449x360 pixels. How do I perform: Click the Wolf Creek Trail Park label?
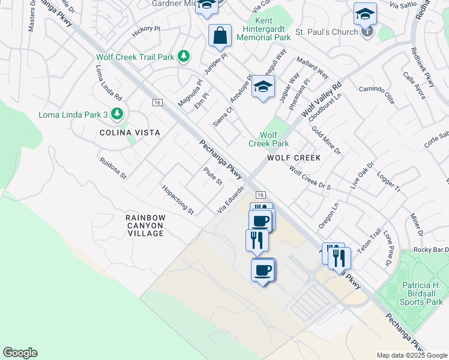click(135, 57)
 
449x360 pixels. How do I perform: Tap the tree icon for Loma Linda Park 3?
click(119, 113)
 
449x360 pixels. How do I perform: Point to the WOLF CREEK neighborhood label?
click(294, 157)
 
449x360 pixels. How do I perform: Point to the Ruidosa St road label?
click(113, 169)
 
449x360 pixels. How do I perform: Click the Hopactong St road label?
click(178, 200)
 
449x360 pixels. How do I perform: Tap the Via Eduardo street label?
click(230, 199)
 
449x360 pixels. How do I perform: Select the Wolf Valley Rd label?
click(321, 99)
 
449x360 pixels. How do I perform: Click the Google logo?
click(20, 353)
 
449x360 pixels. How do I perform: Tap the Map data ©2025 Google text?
click(411, 355)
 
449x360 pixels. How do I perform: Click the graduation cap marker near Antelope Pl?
click(263, 87)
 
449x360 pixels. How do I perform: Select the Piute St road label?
click(213, 176)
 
